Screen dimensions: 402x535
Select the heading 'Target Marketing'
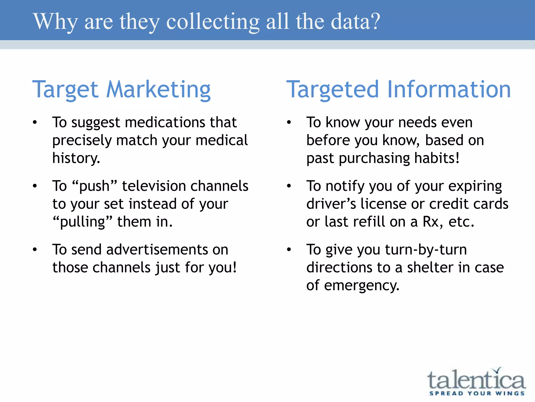click(121, 90)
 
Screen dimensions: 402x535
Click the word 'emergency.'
click(362, 286)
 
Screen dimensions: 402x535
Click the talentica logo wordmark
click(476, 379)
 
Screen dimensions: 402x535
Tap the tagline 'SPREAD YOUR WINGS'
click(477, 393)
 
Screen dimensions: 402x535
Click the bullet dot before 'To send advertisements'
click(35, 249)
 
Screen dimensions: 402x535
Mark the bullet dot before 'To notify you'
click(289, 186)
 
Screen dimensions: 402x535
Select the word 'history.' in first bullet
click(76, 158)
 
